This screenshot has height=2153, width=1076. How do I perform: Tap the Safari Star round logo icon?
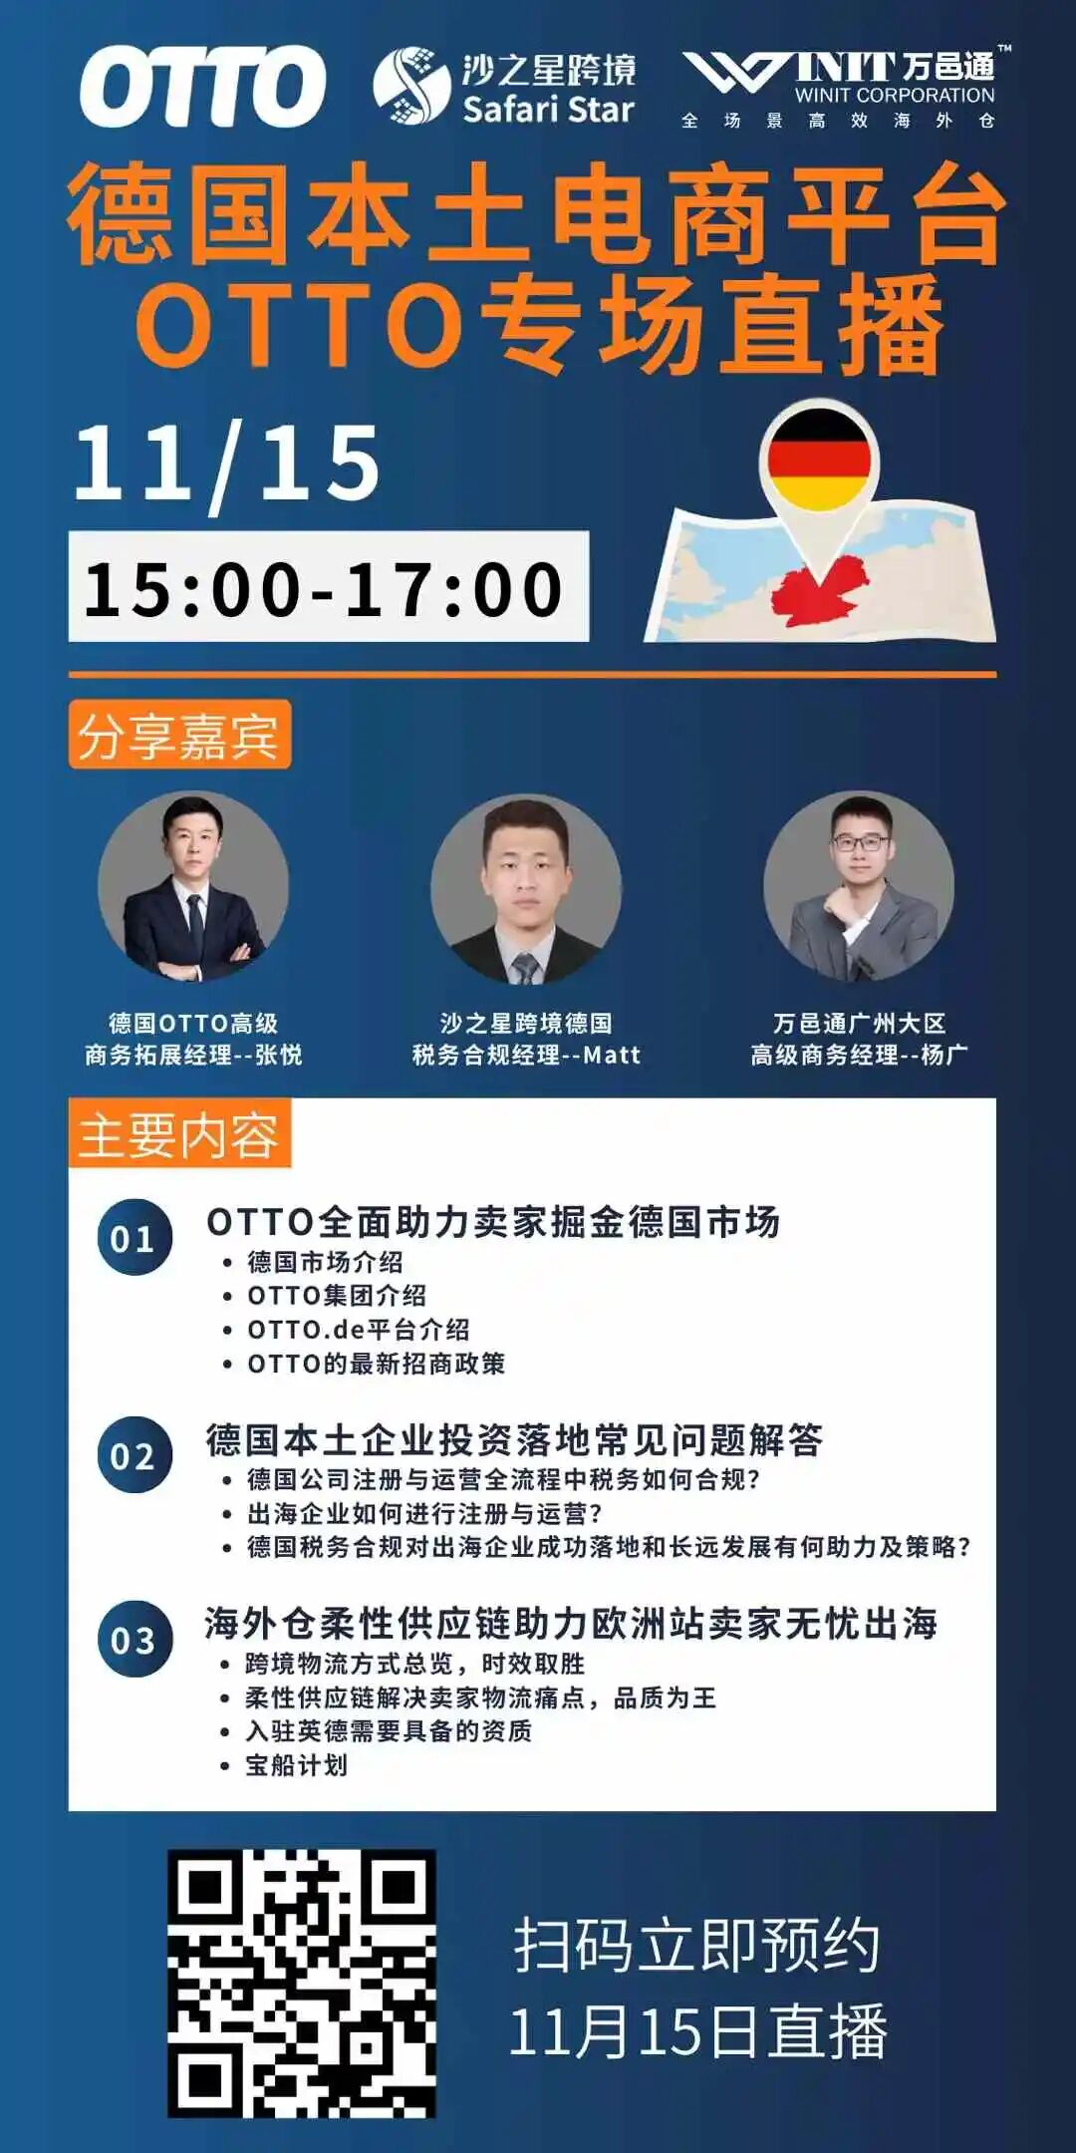point(410,86)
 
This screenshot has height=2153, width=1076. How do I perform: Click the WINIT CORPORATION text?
point(894,96)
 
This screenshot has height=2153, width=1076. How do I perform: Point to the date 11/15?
point(227,463)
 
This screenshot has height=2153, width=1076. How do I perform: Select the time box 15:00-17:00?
point(328,587)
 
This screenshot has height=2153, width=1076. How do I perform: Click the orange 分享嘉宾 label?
point(179,736)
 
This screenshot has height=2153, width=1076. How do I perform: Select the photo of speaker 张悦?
point(193,887)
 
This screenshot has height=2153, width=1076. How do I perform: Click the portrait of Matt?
point(526,889)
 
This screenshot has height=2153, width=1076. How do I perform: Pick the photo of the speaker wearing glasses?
point(859,887)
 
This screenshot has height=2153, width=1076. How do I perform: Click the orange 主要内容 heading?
point(179,1134)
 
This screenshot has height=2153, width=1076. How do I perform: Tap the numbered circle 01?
point(134,1238)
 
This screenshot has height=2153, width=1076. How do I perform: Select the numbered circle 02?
point(134,1455)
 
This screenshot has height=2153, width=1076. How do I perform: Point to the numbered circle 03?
point(134,1640)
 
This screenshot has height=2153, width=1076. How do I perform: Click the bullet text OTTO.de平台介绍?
point(359,1330)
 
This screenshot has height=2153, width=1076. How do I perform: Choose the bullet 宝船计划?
point(296,1765)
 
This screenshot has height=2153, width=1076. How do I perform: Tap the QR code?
point(302,1984)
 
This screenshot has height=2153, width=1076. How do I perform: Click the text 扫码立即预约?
point(697,1946)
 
